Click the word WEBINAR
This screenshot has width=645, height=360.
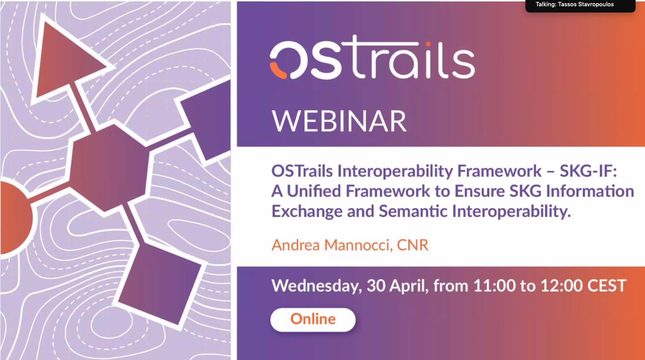click(339, 121)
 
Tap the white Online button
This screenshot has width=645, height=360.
click(313, 320)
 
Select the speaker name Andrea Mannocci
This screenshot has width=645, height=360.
click(330, 245)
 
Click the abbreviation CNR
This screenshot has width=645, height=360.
click(413, 245)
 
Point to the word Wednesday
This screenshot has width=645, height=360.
click(316, 286)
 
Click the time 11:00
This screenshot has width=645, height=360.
click(494, 286)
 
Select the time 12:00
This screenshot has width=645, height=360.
click(561, 286)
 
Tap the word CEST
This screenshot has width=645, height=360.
click(606, 286)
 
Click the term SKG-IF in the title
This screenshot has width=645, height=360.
click(588, 171)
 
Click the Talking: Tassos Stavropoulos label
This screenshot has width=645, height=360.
click(574, 4)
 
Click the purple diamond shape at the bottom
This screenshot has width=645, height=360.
click(160, 283)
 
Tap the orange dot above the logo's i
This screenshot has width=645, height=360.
click(428, 44)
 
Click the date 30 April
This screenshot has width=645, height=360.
click(396, 286)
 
